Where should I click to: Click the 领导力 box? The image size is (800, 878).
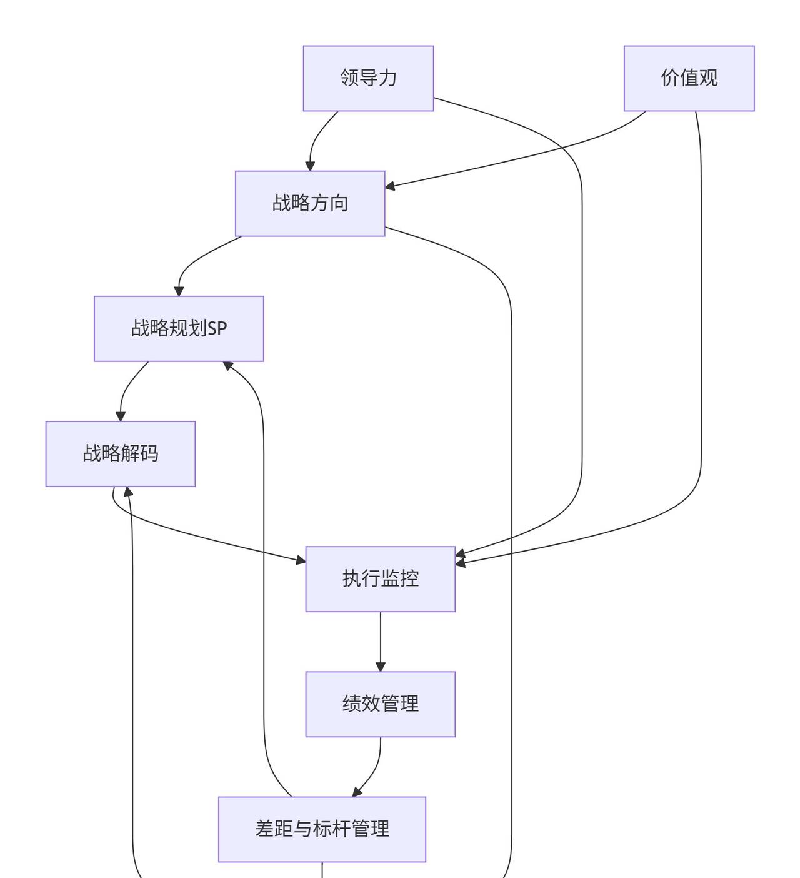click(368, 78)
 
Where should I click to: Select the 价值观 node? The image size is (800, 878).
click(689, 78)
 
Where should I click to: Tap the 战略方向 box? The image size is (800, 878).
click(310, 203)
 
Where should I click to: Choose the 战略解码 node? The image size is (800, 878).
click(121, 453)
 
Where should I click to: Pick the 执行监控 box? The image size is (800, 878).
click(380, 578)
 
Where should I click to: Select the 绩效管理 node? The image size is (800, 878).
click(380, 704)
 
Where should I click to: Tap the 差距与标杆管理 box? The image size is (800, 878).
click(322, 829)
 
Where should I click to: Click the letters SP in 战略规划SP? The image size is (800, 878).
click(217, 328)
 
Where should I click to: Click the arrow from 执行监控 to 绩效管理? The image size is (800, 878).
click(380, 641)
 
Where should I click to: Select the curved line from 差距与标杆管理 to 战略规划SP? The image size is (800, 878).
click(263, 563)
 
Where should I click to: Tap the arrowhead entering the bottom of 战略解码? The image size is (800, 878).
click(128, 492)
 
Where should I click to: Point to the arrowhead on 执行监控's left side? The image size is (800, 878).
click(301, 560)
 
